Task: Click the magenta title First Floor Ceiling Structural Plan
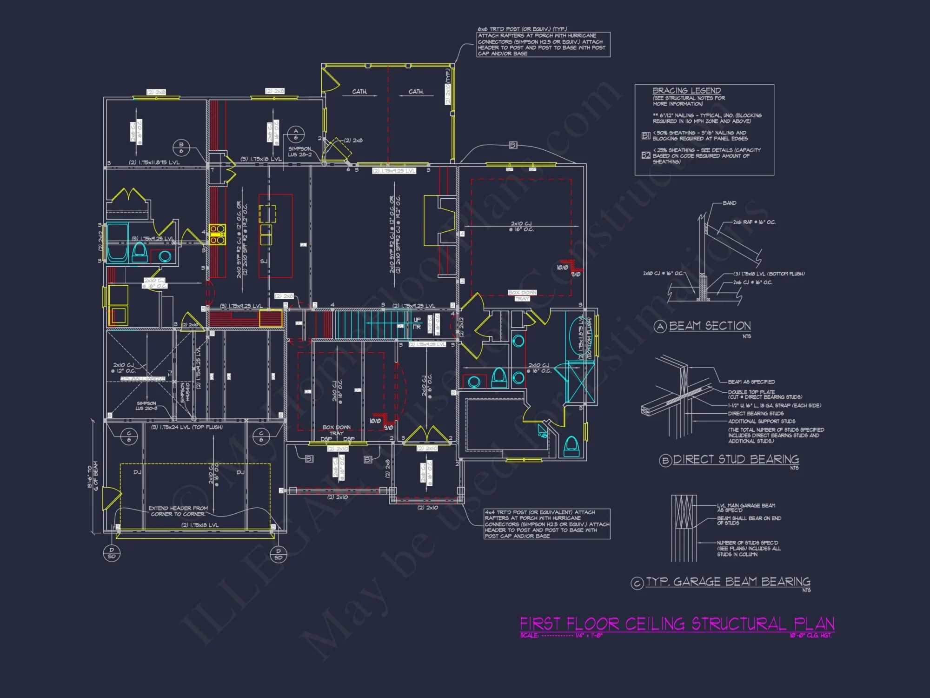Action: click(677, 624)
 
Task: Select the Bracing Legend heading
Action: click(686, 91)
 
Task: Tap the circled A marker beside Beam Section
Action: click(660, 327)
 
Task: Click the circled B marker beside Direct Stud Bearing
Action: click(665, 461)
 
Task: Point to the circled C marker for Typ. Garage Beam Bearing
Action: click(637, 583)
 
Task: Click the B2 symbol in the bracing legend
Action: click(645, 155)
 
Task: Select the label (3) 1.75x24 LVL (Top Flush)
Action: click(186, 427)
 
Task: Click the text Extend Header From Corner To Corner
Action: click(178, 511)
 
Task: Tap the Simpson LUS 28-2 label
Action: click(299, 152)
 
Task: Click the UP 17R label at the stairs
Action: click(417, 323)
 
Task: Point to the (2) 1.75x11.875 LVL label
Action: click(154, 162)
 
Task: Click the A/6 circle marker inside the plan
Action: click(296, 134)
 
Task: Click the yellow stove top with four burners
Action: click(217, 234)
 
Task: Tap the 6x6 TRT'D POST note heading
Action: click(522, 29)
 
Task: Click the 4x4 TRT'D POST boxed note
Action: click(547, 524)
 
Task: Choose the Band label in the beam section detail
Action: click(729, 203)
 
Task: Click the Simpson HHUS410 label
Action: click(185, 392)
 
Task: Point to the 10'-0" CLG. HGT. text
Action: click(810, 635)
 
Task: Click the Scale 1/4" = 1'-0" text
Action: click(561, 635)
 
